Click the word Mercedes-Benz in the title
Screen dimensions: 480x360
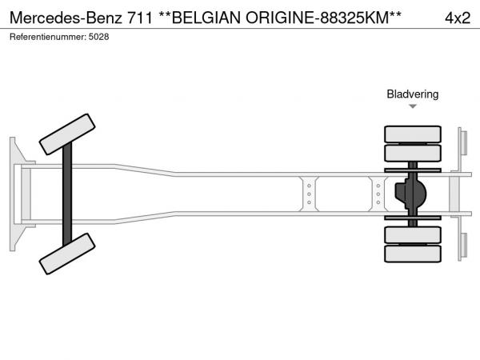pyautogui.click(x=66, y=18)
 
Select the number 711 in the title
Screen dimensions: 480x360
pyautogui.click(x=139, y=18)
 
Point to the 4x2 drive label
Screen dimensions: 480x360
pyautogui.click(x=458, y=18)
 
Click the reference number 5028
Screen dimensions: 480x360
pyautogui.click(x=98, y=37)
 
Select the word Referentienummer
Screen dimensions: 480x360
pyautogui.click(x=47, y=37)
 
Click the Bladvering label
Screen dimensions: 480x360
pyautogui.click(x=413, y=94)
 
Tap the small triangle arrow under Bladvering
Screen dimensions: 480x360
pyautogui.click(x=413, y=106)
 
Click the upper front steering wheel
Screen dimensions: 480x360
pyautogui.click(x=67, y=134)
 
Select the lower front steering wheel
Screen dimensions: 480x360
pyautogui.click(x=67, y=254)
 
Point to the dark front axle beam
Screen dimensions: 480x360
pyautogui.click(x=67, y=194)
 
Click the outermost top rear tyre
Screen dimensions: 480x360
pyautogui.click(x=413, y=134)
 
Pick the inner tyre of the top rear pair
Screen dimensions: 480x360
pyautogui.click(x=413, y=153)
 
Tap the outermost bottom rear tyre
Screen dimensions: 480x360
pyautogui.click(x=413, y=254)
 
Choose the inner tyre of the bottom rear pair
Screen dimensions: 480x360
pyautogui.click(x=413, y=234)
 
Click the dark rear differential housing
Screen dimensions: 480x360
pyautogui.click(x=411, y=194)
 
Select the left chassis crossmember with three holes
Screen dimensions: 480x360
pyautogui.click(x=309, y=194)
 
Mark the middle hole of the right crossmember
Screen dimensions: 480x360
pyautogui.click(x=378, y=194)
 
